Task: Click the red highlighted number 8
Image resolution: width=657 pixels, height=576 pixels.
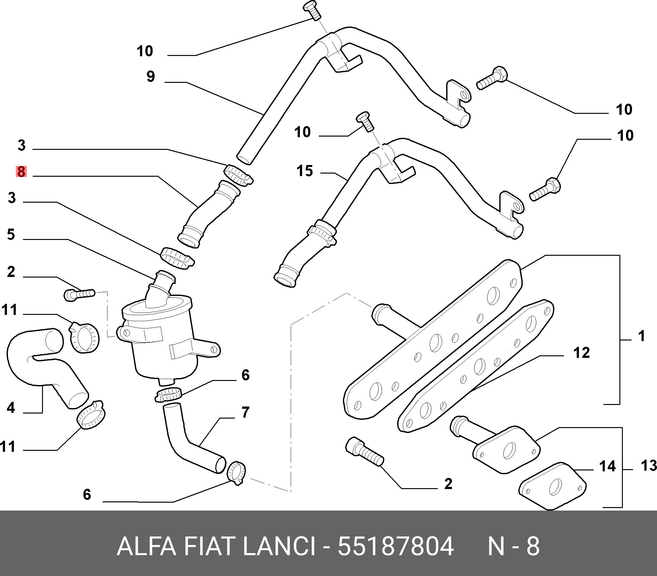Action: tap(21, 172)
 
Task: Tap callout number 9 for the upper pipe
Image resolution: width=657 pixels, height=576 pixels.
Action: tap(151, 77)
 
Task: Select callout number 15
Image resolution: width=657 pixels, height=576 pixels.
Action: tap(305, 171)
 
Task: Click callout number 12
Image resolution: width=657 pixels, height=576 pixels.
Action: tap(581, 352)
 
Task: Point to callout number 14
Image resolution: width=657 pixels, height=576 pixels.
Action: tap(607, 466)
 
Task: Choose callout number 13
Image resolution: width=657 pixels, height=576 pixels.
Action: tap(649, 465)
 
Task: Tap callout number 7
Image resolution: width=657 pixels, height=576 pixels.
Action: tap(246, 412)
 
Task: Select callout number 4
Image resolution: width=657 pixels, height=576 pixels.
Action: tap(11, 407)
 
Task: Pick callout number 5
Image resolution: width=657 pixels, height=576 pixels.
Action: tap(11, 235)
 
